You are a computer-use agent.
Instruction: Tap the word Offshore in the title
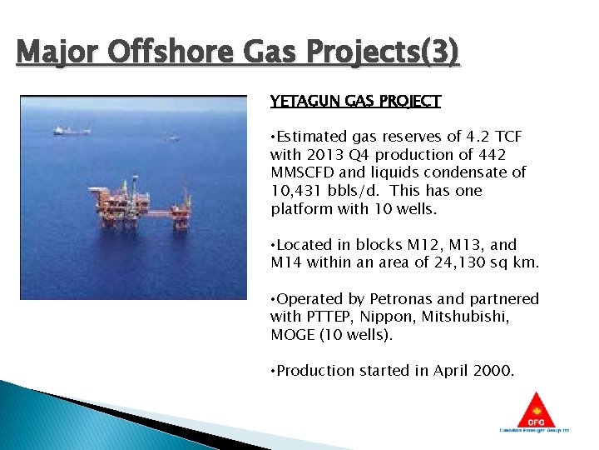[166, 53]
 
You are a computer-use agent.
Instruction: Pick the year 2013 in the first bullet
[324, 155]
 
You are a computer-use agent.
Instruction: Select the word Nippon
[387, 317]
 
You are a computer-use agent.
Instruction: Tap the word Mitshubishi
[472, 317]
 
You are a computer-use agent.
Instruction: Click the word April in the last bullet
[452, 371]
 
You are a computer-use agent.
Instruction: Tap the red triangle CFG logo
[534, 411]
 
